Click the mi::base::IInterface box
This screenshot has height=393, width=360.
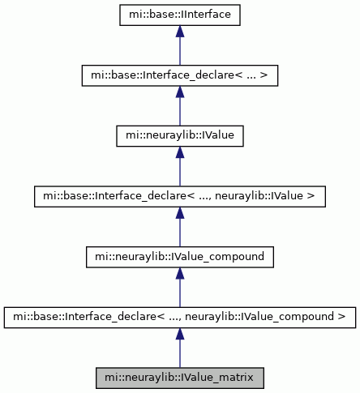click(x=180, y=15)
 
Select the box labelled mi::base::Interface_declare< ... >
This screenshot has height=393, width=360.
click(x=180, y=75)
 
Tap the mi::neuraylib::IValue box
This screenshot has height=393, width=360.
click(x=180, y=136)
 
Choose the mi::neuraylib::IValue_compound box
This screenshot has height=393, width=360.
click(x=180, y=257)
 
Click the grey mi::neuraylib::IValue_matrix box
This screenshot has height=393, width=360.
click(x=180, y=378)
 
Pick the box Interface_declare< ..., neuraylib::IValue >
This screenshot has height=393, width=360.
click(x=180, y=197)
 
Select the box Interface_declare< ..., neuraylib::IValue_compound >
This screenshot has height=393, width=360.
click(x=180, y=318)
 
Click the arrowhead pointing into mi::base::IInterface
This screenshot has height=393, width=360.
click(x=180, y=32)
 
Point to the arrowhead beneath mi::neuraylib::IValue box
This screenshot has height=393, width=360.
click(x=180, y=152)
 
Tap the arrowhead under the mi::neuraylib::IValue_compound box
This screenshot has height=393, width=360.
click(x=180, y=273)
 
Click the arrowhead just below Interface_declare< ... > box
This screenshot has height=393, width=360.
click(x=180, y=92)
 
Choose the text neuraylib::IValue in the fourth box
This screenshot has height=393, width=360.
click(x=259, y=195)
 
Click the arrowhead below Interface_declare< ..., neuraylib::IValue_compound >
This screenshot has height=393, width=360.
click(x=180, y=334)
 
